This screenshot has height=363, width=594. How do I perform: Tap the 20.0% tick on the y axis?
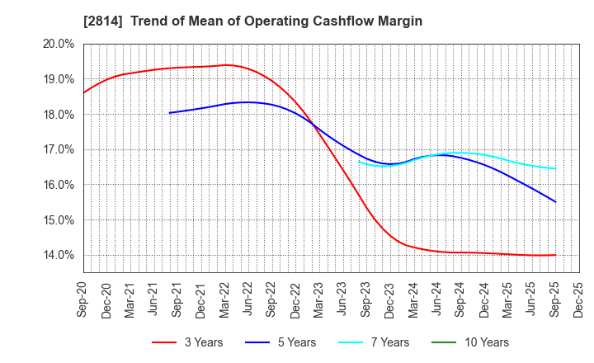pyautogui.click(x=59, y=44)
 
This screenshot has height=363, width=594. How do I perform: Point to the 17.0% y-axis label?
pyautogui.click(x=59, y=149)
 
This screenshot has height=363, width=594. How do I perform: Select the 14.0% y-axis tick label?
pyautogui.click(x=59, y=255)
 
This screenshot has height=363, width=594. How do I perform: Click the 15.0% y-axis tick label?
pyautogui.click(x=59, y=220)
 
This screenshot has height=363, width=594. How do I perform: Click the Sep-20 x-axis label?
pyautogui.click(x=84, y=299)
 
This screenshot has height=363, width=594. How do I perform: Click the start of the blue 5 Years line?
pyautogui.click(x=168, y=113)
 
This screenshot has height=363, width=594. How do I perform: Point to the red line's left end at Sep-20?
pyautogui.click(x=84, y=92)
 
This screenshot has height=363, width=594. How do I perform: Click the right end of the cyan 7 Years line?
pyautogui.click(x=555, y=169)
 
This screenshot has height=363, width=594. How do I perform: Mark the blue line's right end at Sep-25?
pyautogui.click(x=555, y=202)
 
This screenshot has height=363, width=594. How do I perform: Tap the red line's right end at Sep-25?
pyautogui.click(x=555, y=255)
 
